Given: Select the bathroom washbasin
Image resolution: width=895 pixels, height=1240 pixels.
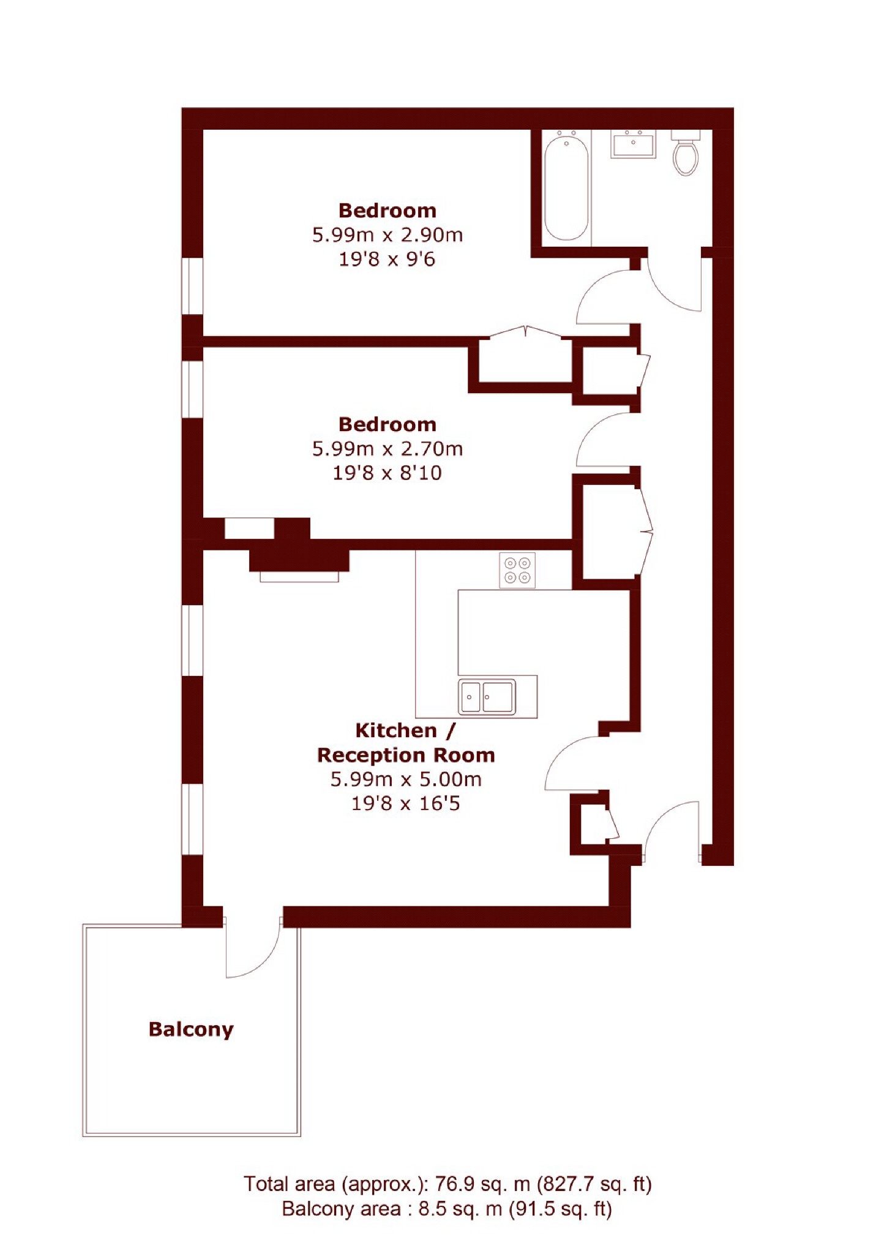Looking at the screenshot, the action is [x=633, y=144].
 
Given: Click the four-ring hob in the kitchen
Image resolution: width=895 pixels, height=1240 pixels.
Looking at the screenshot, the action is [x=517, y=570].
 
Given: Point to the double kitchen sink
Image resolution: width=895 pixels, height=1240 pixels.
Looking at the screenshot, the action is [x=487, y=696].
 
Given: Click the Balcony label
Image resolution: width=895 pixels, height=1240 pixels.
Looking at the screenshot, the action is [x=191, y=1029].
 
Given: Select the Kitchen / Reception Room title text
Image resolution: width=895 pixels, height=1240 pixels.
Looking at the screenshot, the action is [x=406, y=742].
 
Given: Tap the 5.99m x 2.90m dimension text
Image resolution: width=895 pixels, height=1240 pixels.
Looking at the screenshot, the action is [x=388, y=235].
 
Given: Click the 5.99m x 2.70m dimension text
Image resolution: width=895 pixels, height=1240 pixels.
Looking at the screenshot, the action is [x=388, y=449].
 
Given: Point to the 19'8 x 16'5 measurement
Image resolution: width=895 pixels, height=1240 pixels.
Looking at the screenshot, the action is [x=405, y=803].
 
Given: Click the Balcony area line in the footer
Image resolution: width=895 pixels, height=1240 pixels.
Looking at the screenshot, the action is [x=447, y=1209].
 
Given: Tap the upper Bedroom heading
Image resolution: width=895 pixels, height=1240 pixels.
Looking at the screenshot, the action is [x=388, y=211].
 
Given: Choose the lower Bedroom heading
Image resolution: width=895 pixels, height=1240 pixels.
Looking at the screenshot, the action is [x=388, y=424].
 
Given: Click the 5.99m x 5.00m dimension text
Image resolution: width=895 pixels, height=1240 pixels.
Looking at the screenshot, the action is [x=406, y=779].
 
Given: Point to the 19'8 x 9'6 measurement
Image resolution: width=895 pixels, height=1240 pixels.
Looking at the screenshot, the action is [x=387, y=259].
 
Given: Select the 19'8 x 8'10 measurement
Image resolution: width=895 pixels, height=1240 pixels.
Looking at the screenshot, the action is [x=387, y=473].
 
